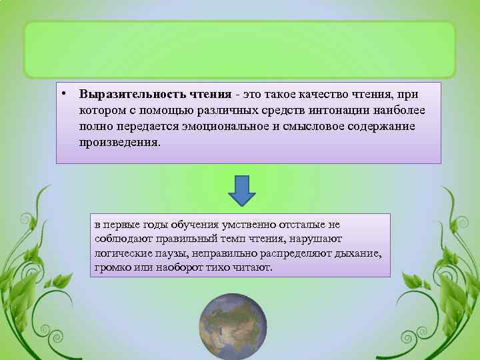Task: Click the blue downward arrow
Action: (243, 191)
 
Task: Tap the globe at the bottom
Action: (239, 327)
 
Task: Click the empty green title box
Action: (239, 49)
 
